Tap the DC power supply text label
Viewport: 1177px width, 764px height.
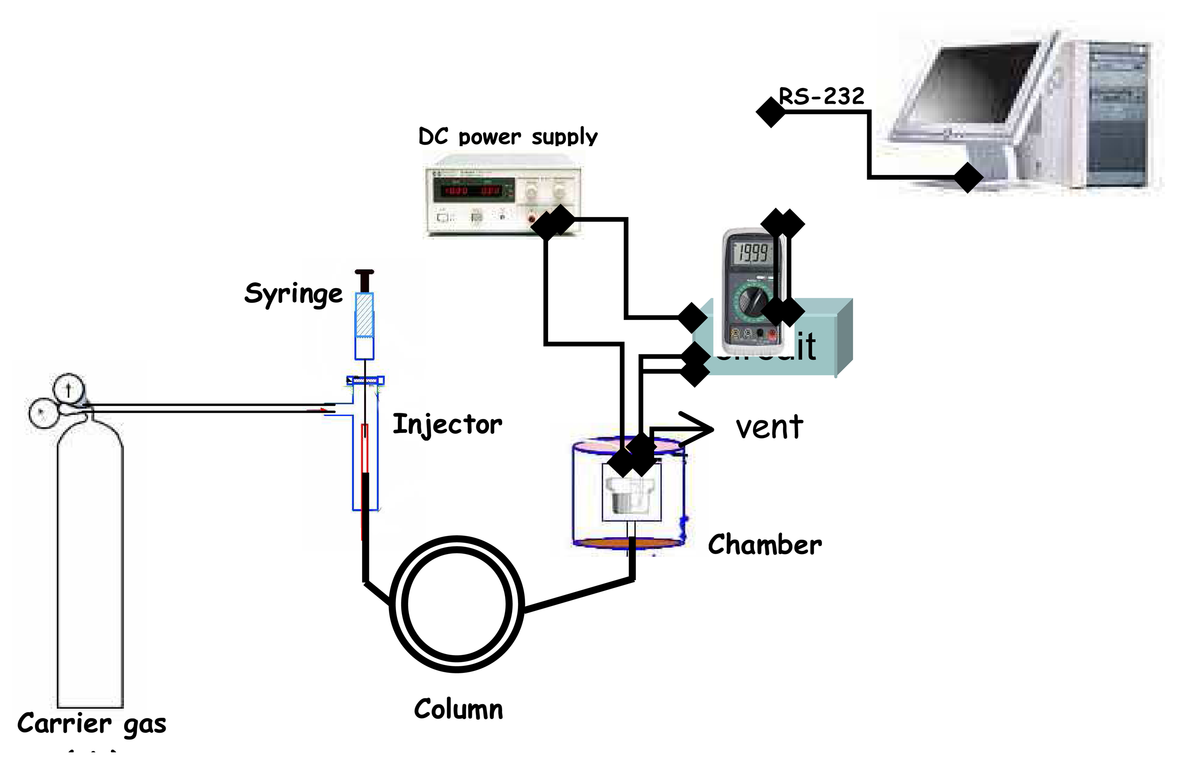507,137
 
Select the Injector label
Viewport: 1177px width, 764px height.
447,425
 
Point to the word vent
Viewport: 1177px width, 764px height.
769,427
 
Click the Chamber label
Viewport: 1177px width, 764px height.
765,545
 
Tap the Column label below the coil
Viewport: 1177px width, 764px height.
459,709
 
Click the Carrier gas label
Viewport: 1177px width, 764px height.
91,723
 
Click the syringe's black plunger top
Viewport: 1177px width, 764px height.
365,272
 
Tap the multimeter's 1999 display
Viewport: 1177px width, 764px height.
752,253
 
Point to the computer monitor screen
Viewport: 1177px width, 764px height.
977,84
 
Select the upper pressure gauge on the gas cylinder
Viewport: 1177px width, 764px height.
69,389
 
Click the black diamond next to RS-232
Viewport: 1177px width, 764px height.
770,112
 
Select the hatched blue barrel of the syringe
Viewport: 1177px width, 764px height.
365,315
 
